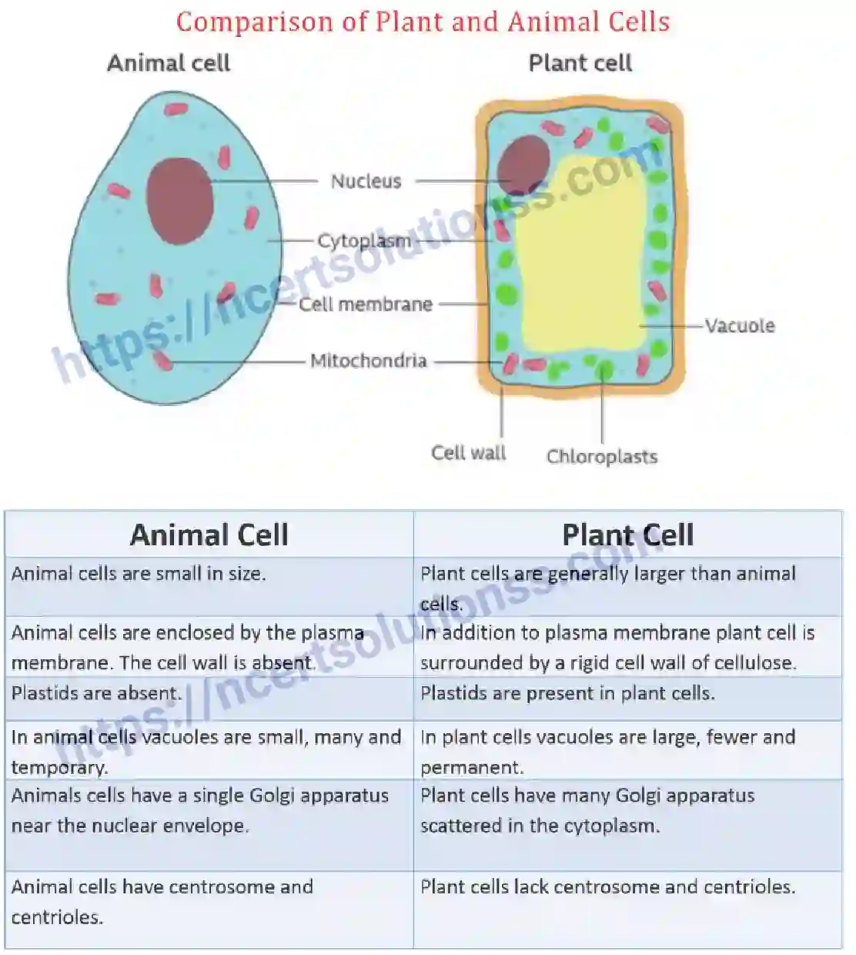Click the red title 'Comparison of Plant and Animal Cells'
click(423, 22)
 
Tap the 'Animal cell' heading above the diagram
click(169, 63)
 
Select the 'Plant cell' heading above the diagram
click(580, 63)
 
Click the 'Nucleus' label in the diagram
click(366, 182)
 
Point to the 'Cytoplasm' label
click(364, 241)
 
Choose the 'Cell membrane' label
click(366, 304)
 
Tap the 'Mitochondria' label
click(368, 360)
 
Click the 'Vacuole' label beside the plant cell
click(739, 326)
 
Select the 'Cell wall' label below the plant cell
click(468, 453)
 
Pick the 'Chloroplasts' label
click(602, 457)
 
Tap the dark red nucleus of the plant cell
click(523, 163)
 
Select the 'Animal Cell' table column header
click(209, 534)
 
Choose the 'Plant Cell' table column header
click(627, 534)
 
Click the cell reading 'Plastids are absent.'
click(96, 693)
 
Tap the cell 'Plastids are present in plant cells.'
click(567, 693)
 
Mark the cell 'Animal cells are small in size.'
click(139, 574)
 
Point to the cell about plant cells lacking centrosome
click(607, 887)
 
